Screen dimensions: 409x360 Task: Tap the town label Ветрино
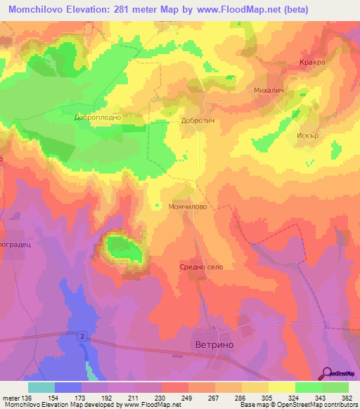coord(213,346)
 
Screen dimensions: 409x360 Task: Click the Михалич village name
coord(268,91)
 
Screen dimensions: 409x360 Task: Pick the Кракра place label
coord(310,63)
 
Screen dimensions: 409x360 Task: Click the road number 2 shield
coord(83,337)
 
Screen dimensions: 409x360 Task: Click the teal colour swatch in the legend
coord(41,387)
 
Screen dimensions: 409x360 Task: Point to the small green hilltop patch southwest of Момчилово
coord(123,247)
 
